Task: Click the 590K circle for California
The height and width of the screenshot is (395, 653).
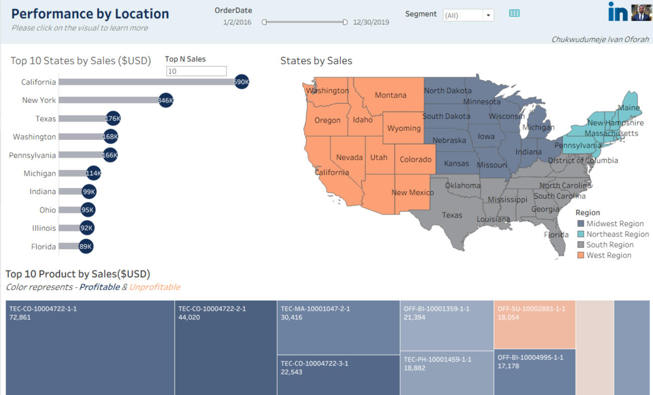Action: pyautogui.click(x=241, y=82)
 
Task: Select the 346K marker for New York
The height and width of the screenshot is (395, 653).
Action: pyautogui.click(x=166, y=100)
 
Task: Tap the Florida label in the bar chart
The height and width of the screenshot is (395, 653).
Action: pyautogui.click(x=43, y=246)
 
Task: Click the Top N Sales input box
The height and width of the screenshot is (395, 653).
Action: pyautogui.click(x=196, y=71)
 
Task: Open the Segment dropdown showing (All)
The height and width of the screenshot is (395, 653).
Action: pyautogui.click(x=468, y=15)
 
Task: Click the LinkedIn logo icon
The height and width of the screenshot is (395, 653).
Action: pyautogui.click(x=617, y=12)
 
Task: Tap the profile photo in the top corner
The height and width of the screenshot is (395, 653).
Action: pyautogui.click(x=641, y=13)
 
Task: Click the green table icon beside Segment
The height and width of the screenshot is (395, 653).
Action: pyautogui.click(x=514, y=14)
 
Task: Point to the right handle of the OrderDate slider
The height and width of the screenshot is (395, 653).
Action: pyautogui.click(x=345, y=22)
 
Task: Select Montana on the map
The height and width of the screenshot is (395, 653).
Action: pyautogui.click(x=390, y=95)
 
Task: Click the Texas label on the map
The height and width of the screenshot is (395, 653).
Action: pyautogui.click(x=452, y=215)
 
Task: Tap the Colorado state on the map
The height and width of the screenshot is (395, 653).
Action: pyautogui.click(x=415, y=159)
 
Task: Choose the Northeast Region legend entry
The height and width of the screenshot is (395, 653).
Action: pyautogui.click(x=617, y=234)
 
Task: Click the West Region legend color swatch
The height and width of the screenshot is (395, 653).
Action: pyautogui.click(x=581, y=255)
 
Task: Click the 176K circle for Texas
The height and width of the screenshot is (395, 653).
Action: pyautogui.click(x=113, y=118)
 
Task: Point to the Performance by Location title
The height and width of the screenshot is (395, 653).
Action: pyautogui.click(x=90, y=14)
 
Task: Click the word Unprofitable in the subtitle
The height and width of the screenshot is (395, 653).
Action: pyautogui.click(x=155, y=287)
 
